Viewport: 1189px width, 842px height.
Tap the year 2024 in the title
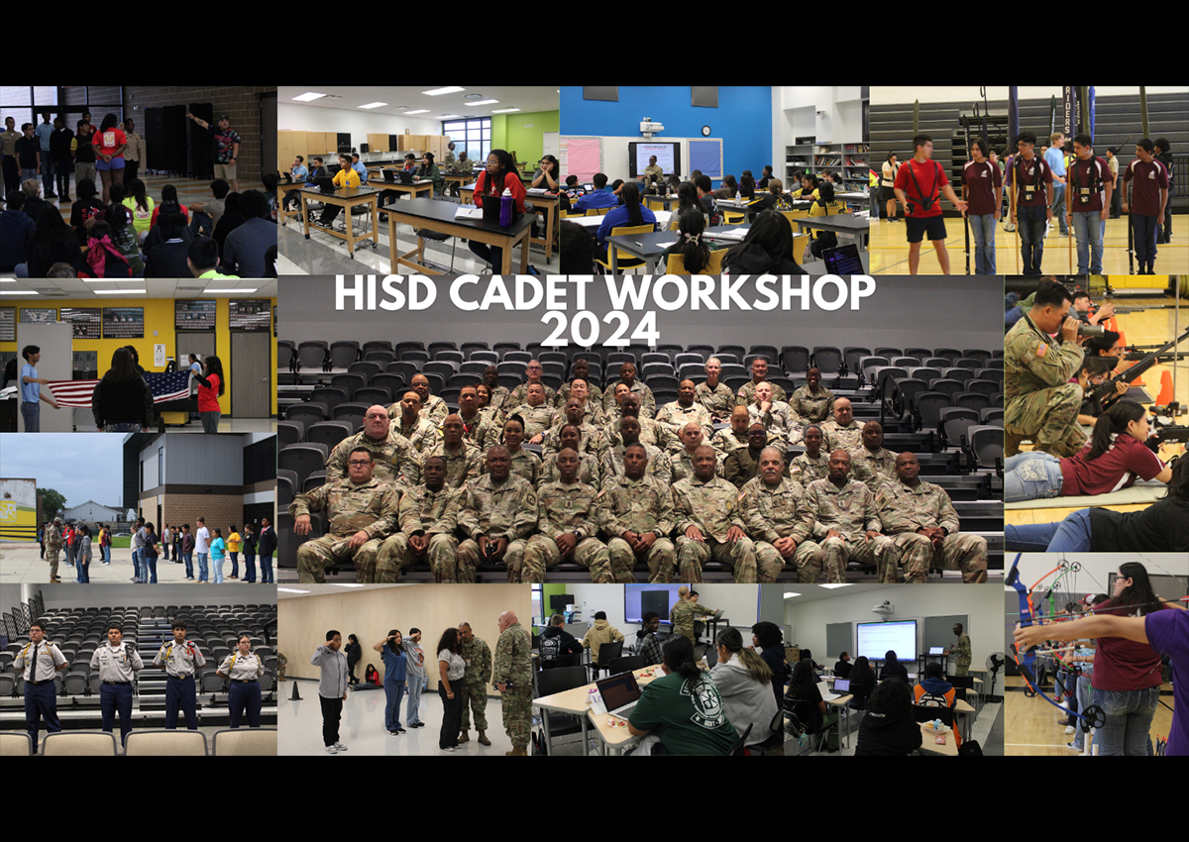[x=599, y=329]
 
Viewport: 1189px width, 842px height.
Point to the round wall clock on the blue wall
[x=705, y=131]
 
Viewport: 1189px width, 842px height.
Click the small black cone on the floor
[x=295, y=690]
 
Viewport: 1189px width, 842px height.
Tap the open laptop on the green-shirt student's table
[x=618, y=695]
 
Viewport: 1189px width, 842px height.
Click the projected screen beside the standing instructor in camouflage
[x=886, y=640]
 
